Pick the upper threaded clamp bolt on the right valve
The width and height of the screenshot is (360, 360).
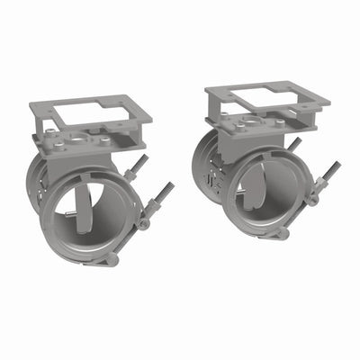click(x=294, y=144)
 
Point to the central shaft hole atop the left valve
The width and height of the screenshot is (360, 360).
click(x=82, y=141)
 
